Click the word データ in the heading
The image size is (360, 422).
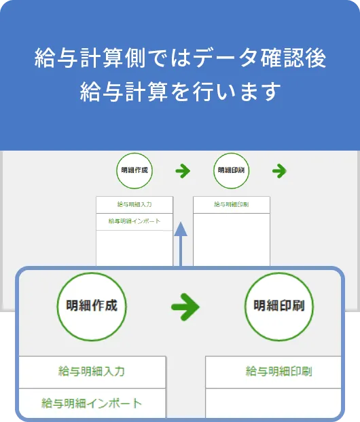click(225, 58)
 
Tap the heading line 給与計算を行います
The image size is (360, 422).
click(180, 92)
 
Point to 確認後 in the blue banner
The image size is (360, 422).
click(293, 58)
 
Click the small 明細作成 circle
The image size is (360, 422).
click(134, 170)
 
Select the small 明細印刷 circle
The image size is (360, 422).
click(231, 170)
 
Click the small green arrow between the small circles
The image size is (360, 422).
click(183, 171)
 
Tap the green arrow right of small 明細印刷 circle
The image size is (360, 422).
click(279, 171)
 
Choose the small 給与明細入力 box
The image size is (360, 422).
click(134, 205)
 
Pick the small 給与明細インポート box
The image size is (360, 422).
click(134, 222)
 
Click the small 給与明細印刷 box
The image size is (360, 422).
click(232, 205)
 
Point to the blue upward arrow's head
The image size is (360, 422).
click(181, 229)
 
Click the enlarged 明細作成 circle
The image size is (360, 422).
click(92, 307)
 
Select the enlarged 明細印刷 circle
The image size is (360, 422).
click(279, 307)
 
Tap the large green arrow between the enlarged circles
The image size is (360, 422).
click(185, 307)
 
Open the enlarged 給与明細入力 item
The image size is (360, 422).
click(92, 372)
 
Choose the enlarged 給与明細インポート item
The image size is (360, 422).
click(92, 403)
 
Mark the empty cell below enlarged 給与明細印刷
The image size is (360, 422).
click(273, 403)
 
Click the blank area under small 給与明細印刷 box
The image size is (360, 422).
click(232, 239)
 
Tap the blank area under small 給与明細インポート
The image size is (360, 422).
click(134, 248)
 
